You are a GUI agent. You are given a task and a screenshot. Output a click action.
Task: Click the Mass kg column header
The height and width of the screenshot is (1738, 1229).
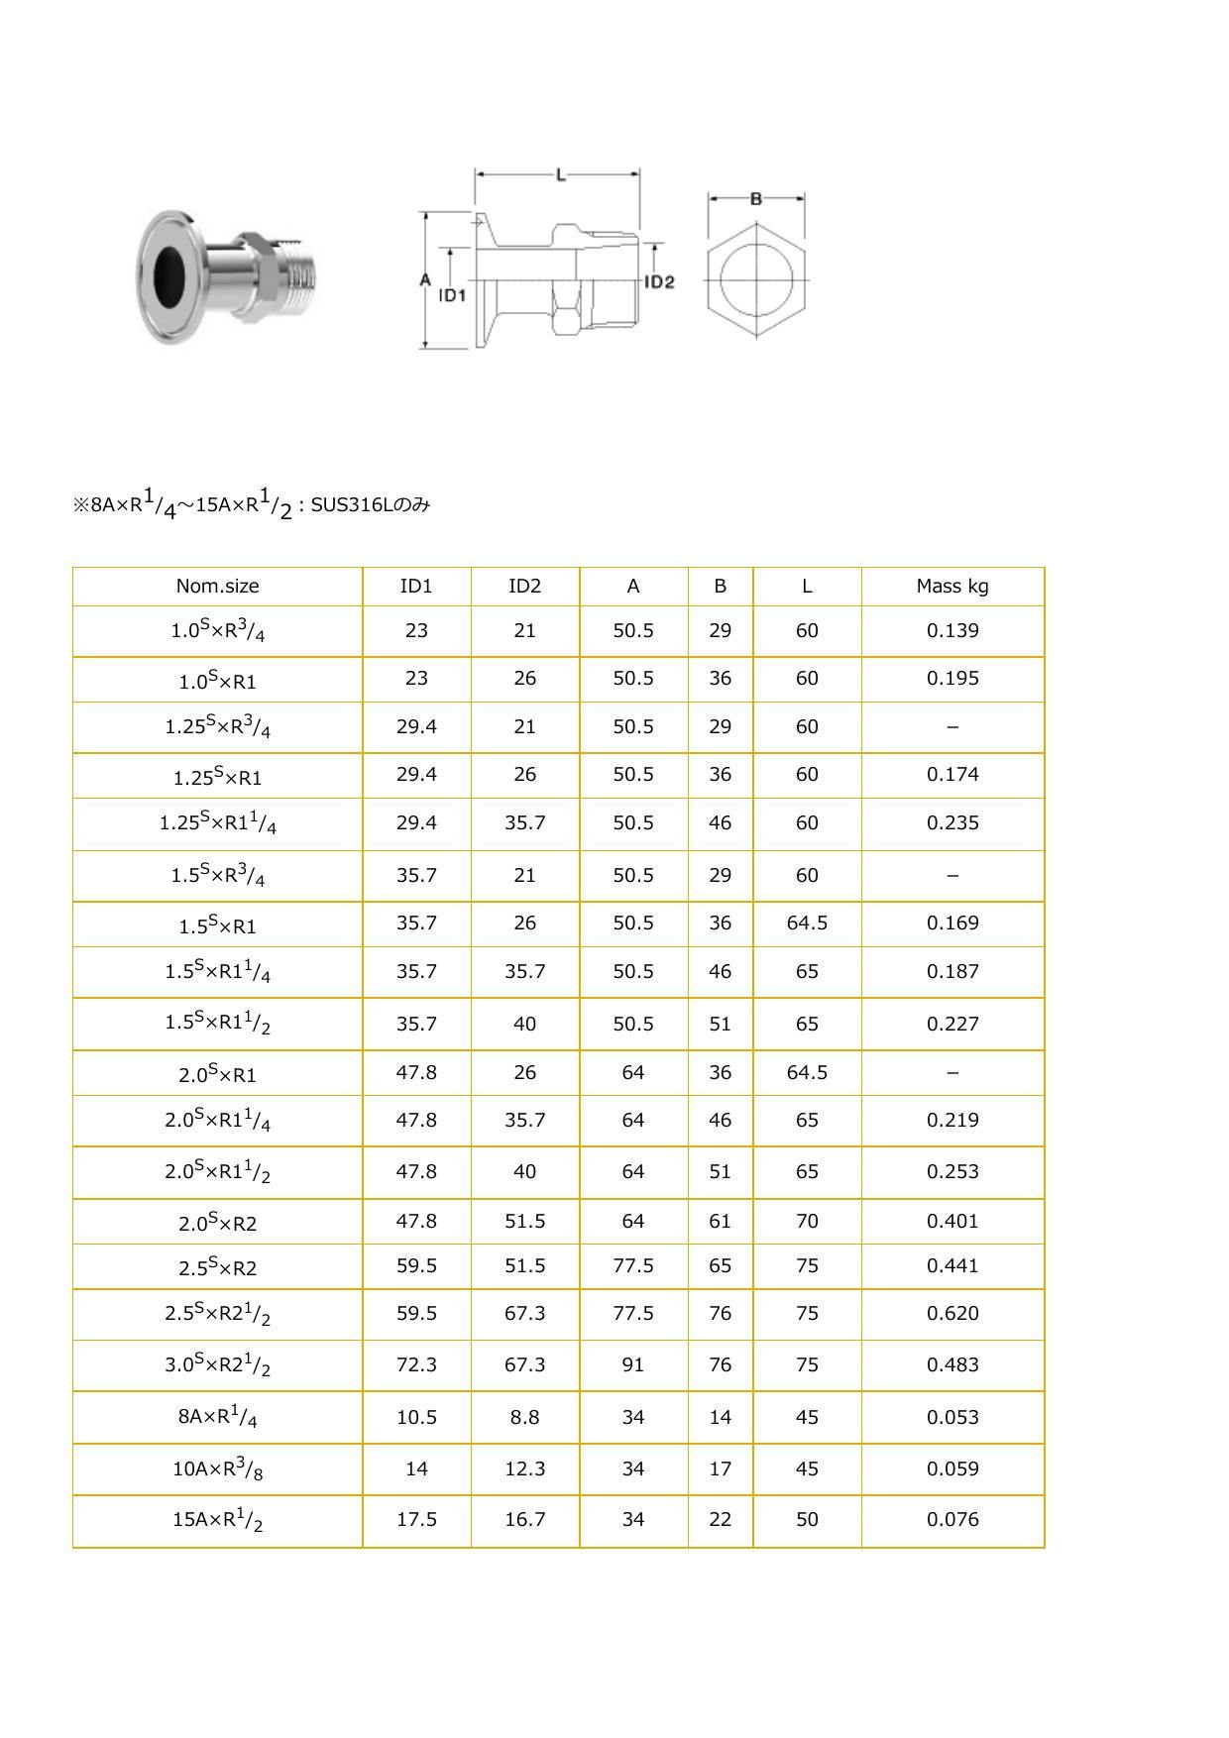click(x=952, y=586)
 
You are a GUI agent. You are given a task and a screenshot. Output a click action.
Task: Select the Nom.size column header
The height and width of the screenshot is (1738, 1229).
click(x=217, y=586)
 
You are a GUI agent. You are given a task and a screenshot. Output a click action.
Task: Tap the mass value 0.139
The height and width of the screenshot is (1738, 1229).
click(x=952, y=630)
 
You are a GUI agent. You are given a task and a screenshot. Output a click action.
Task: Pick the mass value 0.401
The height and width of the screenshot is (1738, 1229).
click(x=952, y=1221)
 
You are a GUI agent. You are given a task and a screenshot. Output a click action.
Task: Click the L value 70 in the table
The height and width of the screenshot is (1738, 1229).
click(x=807, y=1221)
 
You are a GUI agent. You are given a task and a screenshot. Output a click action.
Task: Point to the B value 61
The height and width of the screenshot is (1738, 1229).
click(x=720, y=1221)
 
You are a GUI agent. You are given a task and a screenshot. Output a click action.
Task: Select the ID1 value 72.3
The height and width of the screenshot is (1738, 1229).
click(x=416, y=1364)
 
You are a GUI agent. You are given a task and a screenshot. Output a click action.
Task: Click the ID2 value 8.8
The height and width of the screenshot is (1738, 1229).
click(x=524, y=1417)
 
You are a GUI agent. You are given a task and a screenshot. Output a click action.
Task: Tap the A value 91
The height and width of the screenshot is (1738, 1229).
click(x=633, y=1364)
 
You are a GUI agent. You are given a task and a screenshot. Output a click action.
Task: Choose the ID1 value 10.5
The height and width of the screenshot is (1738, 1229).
click(x=416, y=1417)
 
